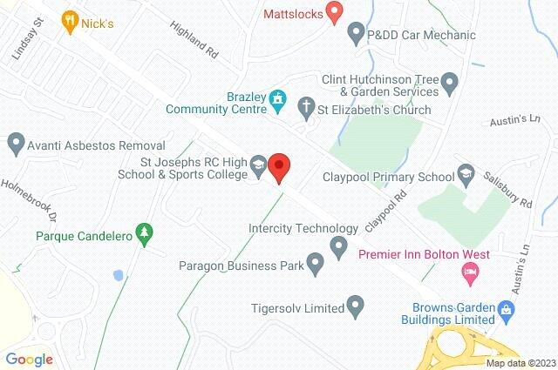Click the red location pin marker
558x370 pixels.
[279, 165]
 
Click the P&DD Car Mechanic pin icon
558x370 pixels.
[356, 35]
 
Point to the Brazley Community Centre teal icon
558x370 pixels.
[278, 97]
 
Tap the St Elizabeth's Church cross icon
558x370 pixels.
[306, 109]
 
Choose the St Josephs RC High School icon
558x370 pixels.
[259, 163]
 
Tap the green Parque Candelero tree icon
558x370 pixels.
[146, 233]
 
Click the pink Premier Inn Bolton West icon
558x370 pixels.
[470, 273]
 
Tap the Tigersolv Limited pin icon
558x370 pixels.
[356, 306]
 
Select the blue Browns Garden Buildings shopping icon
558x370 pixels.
[505, 308]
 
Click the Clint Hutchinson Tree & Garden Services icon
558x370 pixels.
[449, 84]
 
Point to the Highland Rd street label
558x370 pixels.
[194, 40]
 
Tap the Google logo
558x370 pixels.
[29, 359]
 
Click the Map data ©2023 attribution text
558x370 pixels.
[520, 363]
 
